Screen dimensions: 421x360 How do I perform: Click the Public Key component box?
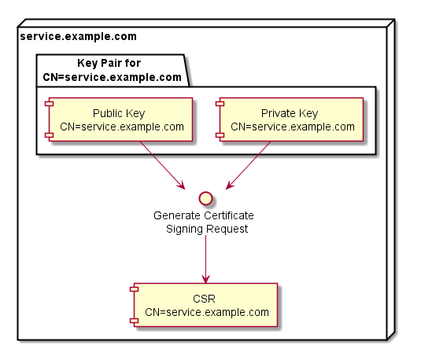[x=120, y=119]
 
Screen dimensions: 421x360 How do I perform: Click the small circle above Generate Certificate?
[x=205, y=199]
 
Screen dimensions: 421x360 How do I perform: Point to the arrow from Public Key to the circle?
[x=162, y=165]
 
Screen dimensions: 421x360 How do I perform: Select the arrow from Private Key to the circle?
[x=249, y=165]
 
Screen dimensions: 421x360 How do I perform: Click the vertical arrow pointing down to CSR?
[x=205, y=259]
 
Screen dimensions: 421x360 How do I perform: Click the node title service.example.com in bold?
[x=79, y=36]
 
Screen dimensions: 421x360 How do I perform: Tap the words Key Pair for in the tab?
[x=109, y=64]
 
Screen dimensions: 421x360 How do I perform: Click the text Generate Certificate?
[x=204, y=215]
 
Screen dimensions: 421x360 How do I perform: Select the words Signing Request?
[x=207, y=229]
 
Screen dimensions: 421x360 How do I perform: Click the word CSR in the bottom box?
[x=204, y=299]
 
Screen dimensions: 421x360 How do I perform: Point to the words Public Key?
[x=119, y=113]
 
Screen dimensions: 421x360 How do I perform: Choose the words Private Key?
[x=290, y=113]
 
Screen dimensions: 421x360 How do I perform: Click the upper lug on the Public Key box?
[x=49, y=104]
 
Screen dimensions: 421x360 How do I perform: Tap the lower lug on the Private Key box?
[x=220, y=135]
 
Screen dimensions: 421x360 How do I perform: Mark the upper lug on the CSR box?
[x=134, y=289]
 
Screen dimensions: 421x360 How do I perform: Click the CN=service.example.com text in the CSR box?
[x=207, y=312]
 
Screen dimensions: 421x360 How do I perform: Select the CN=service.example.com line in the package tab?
[x=113, y=77]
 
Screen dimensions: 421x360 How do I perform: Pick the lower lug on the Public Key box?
[x=49, y=135]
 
